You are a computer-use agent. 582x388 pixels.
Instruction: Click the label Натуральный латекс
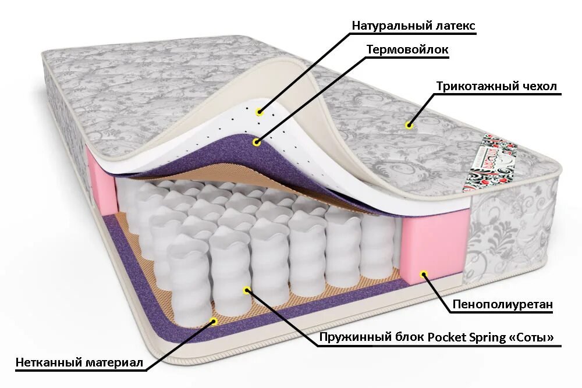coord(413,26)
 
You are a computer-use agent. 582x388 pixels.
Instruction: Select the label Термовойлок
coord(407,49)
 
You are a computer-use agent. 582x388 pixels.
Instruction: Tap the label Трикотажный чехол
coord(496,87)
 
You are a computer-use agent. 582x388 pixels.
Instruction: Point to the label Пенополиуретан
coord(502,304)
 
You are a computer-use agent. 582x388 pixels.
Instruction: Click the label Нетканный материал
coord(79,362)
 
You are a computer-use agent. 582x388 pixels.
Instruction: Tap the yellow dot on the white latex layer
coord(259,112)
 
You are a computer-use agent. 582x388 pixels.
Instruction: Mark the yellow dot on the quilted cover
coord(409,125)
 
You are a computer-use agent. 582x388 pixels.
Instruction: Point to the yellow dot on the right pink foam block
coord(424,273)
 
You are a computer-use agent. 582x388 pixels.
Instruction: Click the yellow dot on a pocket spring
coord(247,289)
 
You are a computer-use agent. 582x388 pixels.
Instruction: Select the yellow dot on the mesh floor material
coord(214,321)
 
